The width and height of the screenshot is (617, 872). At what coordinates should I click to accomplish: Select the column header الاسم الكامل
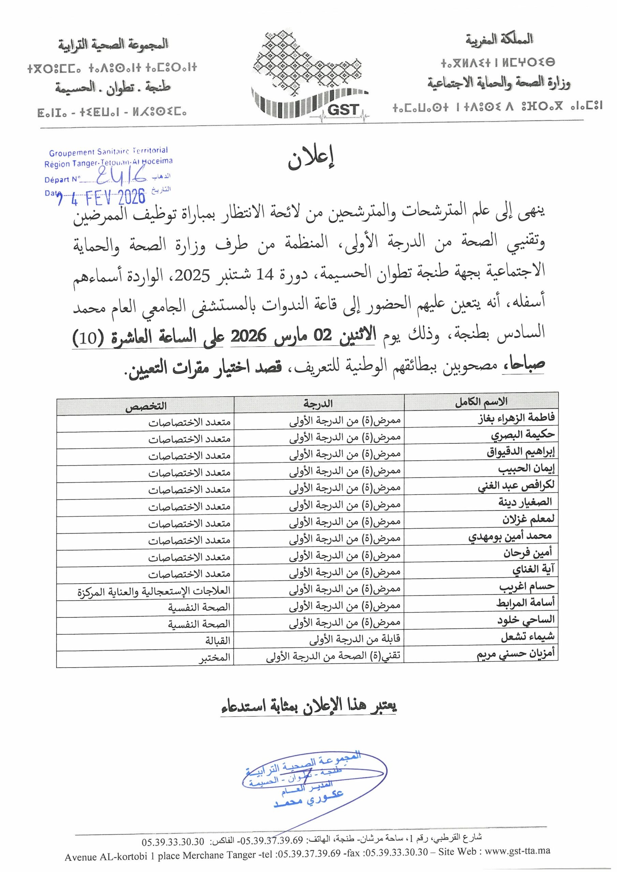click(481, 402)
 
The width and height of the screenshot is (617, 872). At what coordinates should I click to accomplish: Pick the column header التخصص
click(146, 406)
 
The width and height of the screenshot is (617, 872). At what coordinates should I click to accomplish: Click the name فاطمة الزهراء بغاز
click(516, 419)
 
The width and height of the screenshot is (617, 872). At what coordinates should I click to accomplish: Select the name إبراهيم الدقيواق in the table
click(521, 452)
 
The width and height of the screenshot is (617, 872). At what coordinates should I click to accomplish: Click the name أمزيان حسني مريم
click(515, 654)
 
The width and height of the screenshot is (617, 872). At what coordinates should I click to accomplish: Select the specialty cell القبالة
click(218, 641)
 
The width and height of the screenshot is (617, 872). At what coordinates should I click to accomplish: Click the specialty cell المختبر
click(215, 658)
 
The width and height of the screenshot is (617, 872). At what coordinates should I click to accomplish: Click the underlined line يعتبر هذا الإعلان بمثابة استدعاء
click(309, 706)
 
